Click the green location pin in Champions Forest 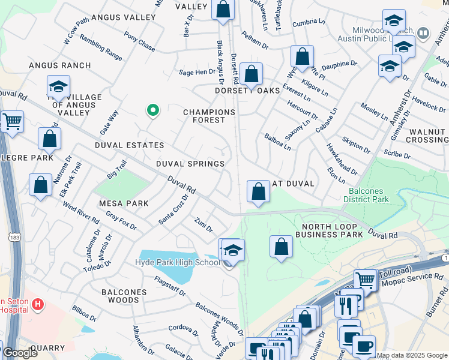[x=153, y=110]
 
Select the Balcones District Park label [x=374, y=195]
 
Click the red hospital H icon [x=38, y=304]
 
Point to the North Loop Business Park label [x=333, y=230]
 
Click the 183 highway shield [x=13, y=238]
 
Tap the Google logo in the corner [x=20, y=353]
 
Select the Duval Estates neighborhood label [x=129, y=145]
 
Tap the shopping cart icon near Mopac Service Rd [x=365, y=279]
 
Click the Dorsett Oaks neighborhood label [x=248, y=91]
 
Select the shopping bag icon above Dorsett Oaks [x=252, y=74]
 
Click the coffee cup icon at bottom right [x=364, y=346]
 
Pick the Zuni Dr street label [x=203, y=226]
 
